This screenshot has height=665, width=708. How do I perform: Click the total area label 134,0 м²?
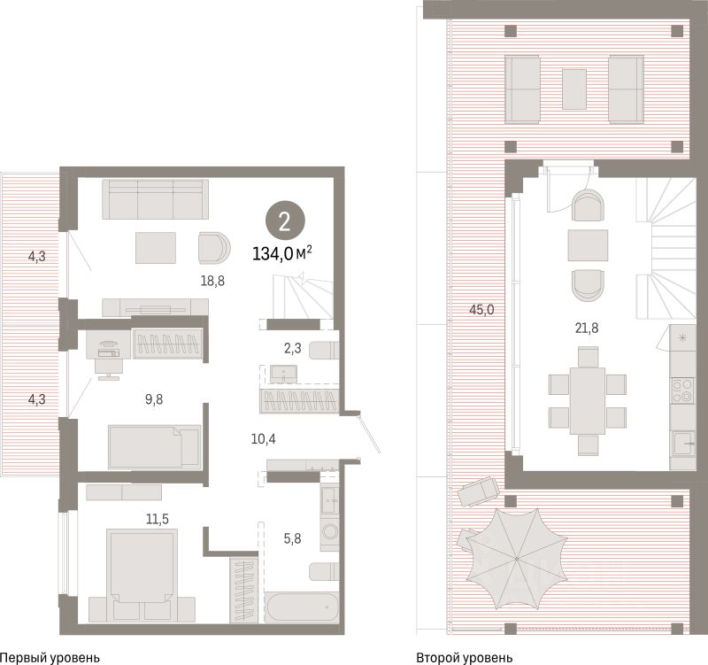tap(282, 254)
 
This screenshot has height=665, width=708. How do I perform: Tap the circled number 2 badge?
tap(285, 221)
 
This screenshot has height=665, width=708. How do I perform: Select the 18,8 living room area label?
tap(212, 281)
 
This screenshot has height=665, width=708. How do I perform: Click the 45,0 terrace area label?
tap(481, 310)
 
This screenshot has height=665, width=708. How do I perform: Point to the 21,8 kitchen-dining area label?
tap(587, 328)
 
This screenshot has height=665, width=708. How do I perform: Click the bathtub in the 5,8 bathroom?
tap(302, 607)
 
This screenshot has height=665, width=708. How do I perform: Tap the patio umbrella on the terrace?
tap(517, 560)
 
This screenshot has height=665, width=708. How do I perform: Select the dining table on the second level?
tap(588, 401)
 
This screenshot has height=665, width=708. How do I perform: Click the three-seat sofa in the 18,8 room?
tap(156, 199)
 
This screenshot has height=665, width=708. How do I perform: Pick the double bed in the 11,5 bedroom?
tap(142, 575)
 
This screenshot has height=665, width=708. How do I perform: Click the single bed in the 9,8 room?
tap(154, 447)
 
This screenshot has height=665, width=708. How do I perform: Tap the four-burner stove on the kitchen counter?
tap(682, 390)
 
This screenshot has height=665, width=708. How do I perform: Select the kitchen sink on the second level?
tap(684, 445)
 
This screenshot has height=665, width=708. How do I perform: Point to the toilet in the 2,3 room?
tap(324, 351)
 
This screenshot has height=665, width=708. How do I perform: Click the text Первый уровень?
tap(50, 658)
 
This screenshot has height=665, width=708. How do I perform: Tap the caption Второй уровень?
tap(464, 658)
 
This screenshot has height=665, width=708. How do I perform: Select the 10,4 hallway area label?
tap(263, 438)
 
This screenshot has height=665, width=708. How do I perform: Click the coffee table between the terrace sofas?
tap(574, 89)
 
